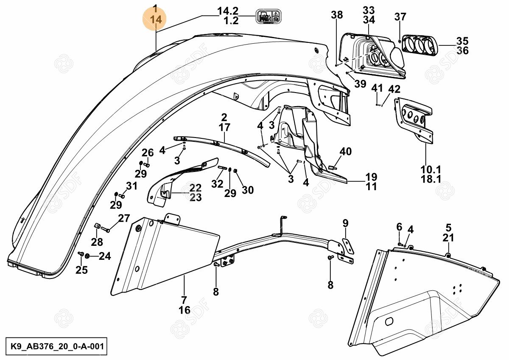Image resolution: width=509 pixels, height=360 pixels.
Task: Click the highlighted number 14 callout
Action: pos(156,19)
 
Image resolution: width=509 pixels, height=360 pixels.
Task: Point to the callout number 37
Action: pos(400,17)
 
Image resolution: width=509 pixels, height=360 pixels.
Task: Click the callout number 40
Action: pos(346,152)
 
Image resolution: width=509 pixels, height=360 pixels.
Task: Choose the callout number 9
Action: pos(345,223)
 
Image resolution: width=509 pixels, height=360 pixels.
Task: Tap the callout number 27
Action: pos(123,219)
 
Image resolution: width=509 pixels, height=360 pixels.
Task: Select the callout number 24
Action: pos(105,256)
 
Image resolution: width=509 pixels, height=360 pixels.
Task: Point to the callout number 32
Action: pos(217,184)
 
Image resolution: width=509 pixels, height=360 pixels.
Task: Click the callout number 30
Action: pos(247,190)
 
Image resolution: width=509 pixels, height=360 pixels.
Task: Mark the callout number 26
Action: pos(147,153)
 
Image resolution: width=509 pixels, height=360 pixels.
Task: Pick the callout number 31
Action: pos(131,186)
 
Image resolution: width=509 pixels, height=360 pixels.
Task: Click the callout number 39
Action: pos(360,84)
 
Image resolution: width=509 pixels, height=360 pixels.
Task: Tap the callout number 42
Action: pos(394,89)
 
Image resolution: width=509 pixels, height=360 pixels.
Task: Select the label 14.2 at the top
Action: pos(228,11)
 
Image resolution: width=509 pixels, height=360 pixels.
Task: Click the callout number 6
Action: pos(399,227)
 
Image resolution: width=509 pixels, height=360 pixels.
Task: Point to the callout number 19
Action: pos(371,177)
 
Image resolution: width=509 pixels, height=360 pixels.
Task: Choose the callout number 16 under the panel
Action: pos(185,310)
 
